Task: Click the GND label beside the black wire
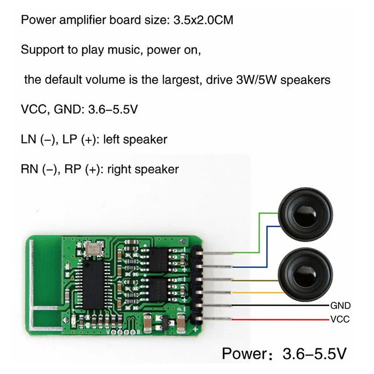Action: [340, 306]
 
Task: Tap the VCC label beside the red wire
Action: [340, 319]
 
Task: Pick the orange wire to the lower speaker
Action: [258, 293]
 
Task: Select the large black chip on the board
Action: [94, 284]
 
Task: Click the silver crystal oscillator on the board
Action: [94, 250]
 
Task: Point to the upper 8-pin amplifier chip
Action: [158, 260]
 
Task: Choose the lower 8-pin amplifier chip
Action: [158, 290]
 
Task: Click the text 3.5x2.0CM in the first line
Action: [203, 20]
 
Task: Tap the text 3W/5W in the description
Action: [256, 79]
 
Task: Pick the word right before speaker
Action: [119, 170]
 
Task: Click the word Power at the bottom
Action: [245, 353]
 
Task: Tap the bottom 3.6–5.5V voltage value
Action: [314, 353]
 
